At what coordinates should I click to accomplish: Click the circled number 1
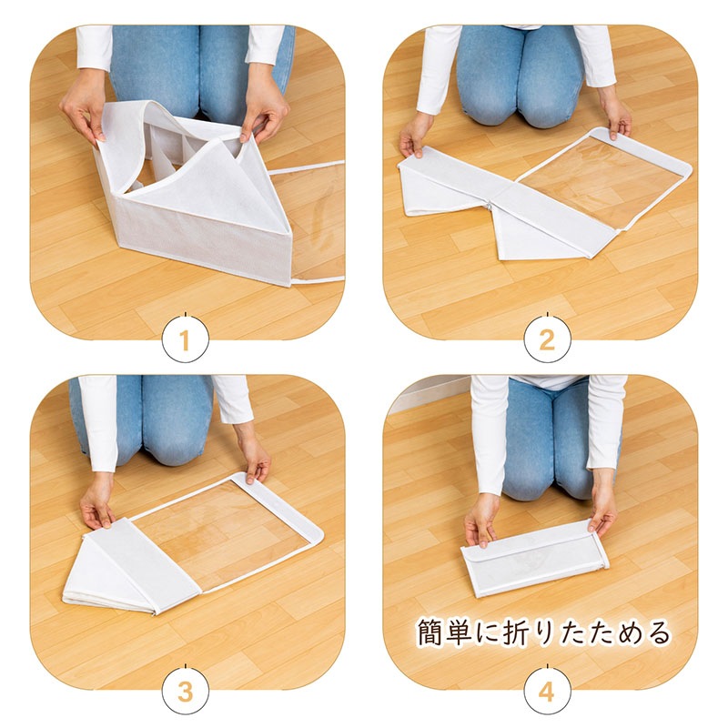coord(186,339)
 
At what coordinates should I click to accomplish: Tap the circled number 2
coord(547,339)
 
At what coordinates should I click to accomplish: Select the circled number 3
coord(186,692)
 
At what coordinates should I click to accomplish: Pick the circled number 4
coord(547,692)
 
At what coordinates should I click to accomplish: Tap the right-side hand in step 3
coord(255,458)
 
